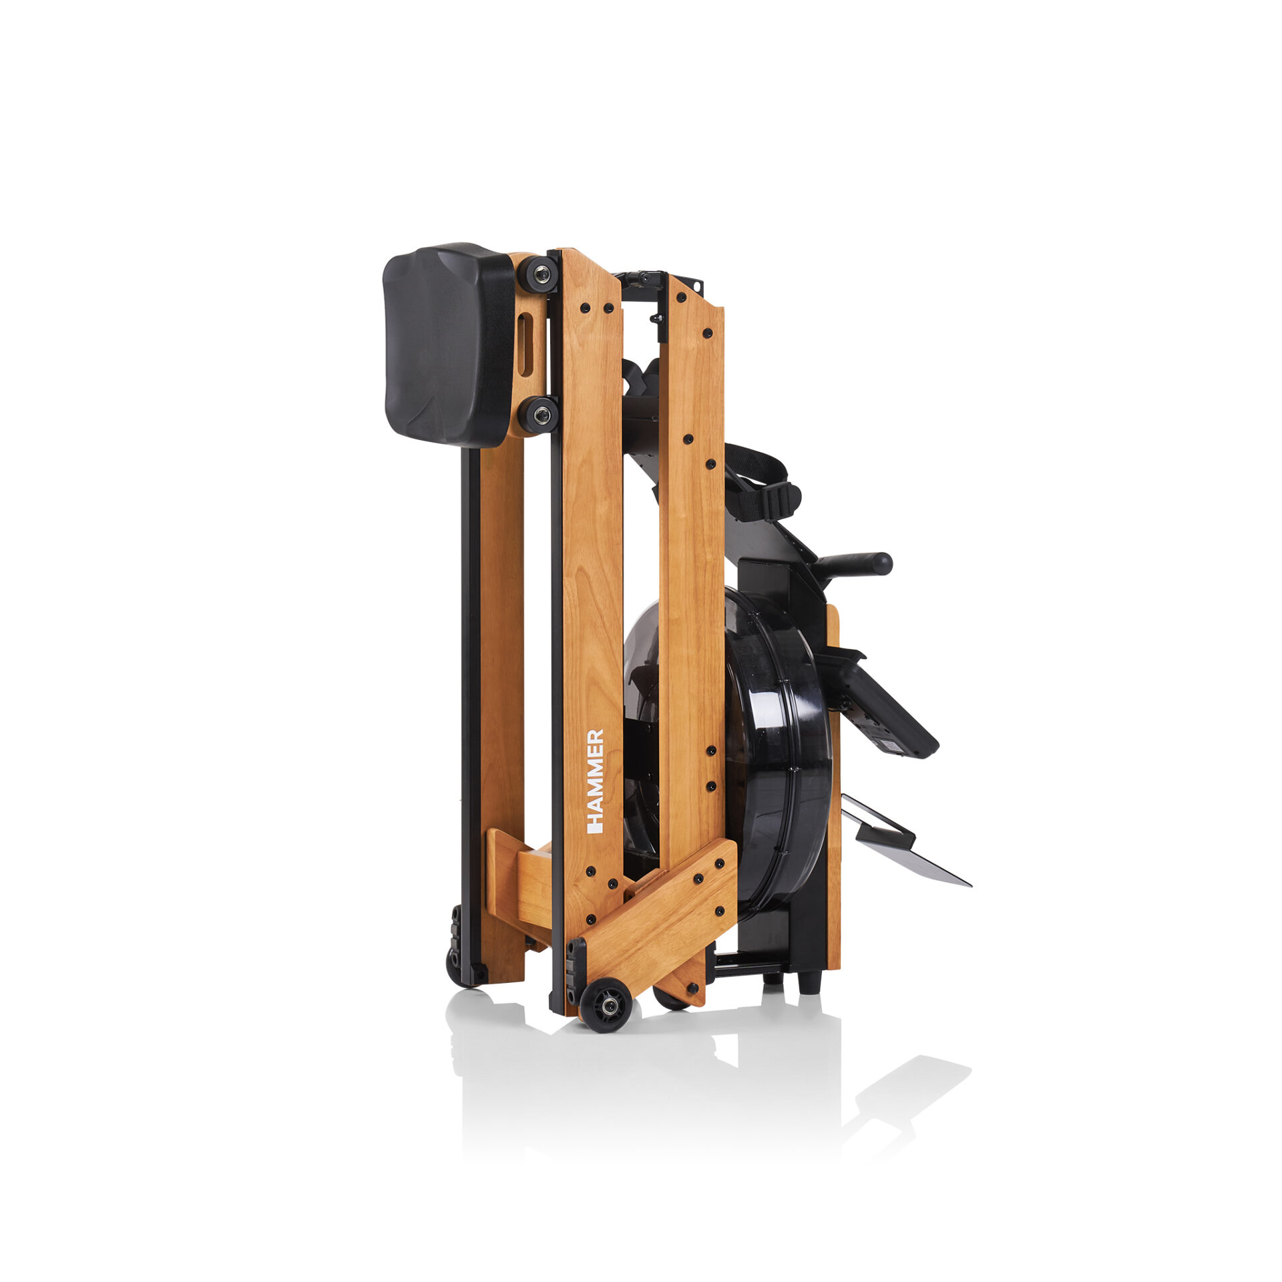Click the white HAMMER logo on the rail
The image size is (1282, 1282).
click(x=594, y=781)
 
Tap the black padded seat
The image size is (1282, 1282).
click(x=448, y=344)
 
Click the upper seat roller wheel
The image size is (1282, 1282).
click(x=538, y=273)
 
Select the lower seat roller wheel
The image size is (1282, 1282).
click(x=538, y=415)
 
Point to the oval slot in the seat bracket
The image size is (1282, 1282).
click(x=525, y=347)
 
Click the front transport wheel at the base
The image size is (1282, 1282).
click(x=606, y=1006)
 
